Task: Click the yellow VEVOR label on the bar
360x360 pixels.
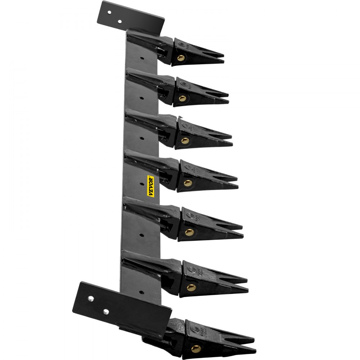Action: coord(151,186)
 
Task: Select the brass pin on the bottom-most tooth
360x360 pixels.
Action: coord(196,348)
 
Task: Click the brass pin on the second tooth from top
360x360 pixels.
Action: coord(182,98)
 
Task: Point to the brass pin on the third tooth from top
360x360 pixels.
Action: coord(185,141)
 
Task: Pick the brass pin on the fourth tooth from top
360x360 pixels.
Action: coord(187,183)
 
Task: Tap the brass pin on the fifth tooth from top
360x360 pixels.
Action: coord(189,232)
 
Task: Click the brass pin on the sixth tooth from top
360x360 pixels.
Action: coord(192,287)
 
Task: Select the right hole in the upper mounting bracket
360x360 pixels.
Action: coord(120,21)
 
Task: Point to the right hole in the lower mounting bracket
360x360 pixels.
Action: coord(105,310)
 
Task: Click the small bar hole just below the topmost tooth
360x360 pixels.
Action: coord(143,58)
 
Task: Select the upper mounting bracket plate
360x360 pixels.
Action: coord(131,16)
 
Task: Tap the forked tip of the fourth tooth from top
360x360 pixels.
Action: coord(236,182)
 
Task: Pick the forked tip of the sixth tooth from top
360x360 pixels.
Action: coord(246,284)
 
